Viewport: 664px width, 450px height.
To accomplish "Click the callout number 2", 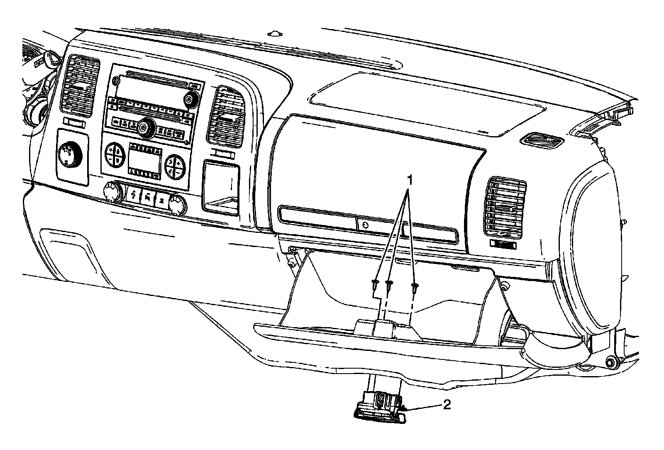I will click(x=447, y=404).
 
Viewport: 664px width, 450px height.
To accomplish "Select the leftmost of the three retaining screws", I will click(x=375, y=284).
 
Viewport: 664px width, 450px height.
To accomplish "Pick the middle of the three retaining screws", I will click(x=389, y=284).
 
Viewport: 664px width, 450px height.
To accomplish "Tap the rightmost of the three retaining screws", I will click(x=414, y=286).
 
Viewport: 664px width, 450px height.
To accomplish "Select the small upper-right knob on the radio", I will click(x=189, y=99).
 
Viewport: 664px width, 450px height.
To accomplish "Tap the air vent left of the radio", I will click(x=80, y=86).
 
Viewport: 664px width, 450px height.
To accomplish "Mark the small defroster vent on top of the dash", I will click(x=542, y=141).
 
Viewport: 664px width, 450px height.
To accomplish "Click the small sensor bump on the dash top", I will click(x=275, y=32).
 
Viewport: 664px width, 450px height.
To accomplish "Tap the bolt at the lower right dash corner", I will click(x=610, y=362).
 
